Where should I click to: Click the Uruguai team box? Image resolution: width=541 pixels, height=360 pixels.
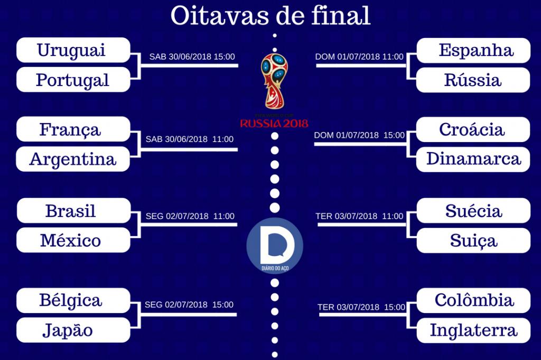pos(73,50)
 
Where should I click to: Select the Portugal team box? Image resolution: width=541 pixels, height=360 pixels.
pos(73,80)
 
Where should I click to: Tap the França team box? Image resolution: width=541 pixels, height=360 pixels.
pos(73,129)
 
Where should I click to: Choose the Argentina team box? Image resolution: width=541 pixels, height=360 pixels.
pos(73,159)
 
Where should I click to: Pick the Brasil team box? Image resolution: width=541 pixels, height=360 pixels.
pos(73,211)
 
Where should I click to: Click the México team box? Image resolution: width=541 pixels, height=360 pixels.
pos(73,241)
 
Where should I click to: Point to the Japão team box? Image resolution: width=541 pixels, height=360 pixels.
pos(73,330)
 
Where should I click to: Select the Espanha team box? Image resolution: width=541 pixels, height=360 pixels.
pos(473,50)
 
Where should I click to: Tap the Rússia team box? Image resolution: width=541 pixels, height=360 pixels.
pos(473,80)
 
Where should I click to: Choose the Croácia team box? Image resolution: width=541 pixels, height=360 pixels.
pos(473,129)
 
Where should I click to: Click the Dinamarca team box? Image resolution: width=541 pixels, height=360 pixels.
pos(473,159)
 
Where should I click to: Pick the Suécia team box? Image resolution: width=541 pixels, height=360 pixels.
pos(473,211)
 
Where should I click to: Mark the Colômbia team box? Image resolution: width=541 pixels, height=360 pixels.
pos(473,300)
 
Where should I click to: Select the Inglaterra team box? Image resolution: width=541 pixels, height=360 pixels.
pos(473,330)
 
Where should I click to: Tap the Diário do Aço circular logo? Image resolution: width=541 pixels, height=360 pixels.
pos(275,246)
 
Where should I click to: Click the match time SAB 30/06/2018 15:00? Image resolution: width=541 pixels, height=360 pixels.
pos(192,57)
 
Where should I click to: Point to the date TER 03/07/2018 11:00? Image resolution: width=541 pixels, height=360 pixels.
pos(359,216)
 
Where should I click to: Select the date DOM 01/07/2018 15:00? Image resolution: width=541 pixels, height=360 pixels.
pos(359,135)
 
